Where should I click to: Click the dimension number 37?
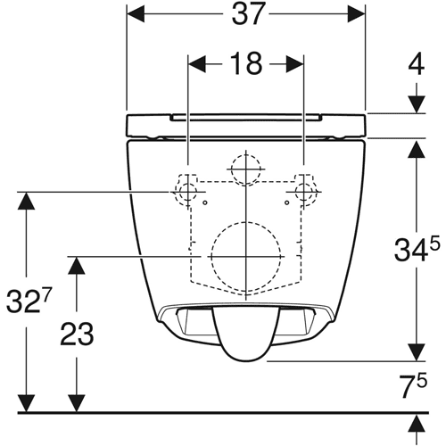point(248,13)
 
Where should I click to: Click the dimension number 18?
point(246,63)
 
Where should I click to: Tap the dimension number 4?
point(417,65)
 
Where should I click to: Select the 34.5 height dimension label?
point(417,251)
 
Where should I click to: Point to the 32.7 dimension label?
point(29,300)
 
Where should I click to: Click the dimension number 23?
point(77,334)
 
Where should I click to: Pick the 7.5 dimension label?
point(413,384)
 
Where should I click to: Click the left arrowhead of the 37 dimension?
point(136,13)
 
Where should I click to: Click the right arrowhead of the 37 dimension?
point(356,13)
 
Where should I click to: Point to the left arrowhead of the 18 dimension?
point(197,64)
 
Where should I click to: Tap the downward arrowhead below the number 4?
point(417,104)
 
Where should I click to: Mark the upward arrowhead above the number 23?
point(77,265)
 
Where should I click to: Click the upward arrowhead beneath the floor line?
point(417,424)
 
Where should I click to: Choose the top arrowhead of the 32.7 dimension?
point(27,201)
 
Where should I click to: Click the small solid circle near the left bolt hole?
point(205,202)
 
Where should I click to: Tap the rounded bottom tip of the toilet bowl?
point(245,361)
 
